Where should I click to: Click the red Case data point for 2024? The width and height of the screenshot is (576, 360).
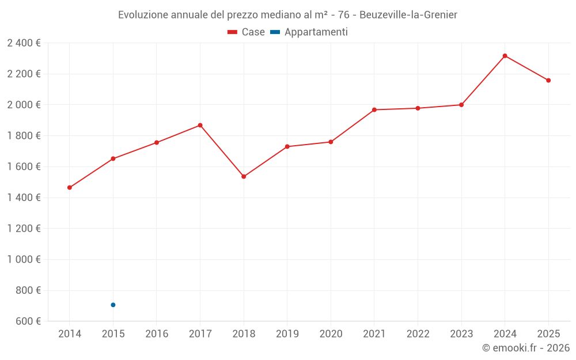click(x=505, y=56)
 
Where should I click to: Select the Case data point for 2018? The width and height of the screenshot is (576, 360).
click(x=244, y=176)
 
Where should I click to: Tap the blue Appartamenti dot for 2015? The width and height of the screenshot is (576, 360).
click(x=113, y=305)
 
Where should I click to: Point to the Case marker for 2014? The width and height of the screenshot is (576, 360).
click(x=70, y=187)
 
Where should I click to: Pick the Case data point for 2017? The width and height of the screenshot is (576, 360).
click(x=200, y=125)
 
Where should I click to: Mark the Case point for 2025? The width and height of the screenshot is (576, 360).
click(x=548, y=81)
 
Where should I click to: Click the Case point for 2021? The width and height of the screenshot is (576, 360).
click(x=374, y=109)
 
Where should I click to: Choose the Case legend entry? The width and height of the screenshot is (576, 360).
click(x=247, y=32)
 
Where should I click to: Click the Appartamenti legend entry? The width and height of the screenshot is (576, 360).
click(x=309, y=32)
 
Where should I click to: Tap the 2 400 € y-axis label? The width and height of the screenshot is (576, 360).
click(x=24, y=43)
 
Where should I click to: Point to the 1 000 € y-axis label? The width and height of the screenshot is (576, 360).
click(x=24, y=259)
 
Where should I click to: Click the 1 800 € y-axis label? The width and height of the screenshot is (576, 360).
click(x=24, y=135)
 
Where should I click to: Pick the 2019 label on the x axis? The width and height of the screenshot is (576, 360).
click(x=287, y=334)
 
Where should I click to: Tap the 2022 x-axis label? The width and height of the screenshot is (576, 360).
click(x=418, y=334)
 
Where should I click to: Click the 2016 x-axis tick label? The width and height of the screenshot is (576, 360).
click(x=157, y=334)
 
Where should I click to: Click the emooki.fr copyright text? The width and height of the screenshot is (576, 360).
click(x=525, y=348)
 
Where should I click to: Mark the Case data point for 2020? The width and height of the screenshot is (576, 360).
click(x=331, y=142)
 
